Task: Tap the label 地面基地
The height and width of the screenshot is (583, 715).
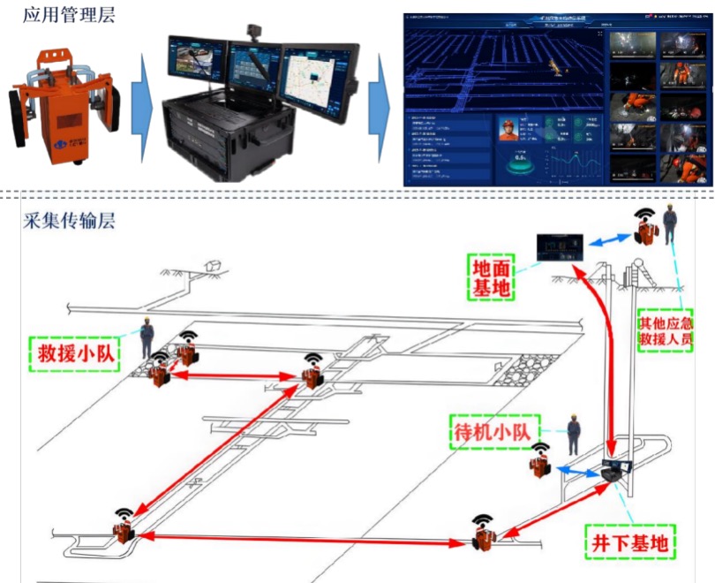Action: point(493,276)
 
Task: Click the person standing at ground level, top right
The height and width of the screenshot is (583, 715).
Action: point(670,227)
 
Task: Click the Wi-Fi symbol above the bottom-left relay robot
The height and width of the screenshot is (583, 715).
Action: point(122,512)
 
